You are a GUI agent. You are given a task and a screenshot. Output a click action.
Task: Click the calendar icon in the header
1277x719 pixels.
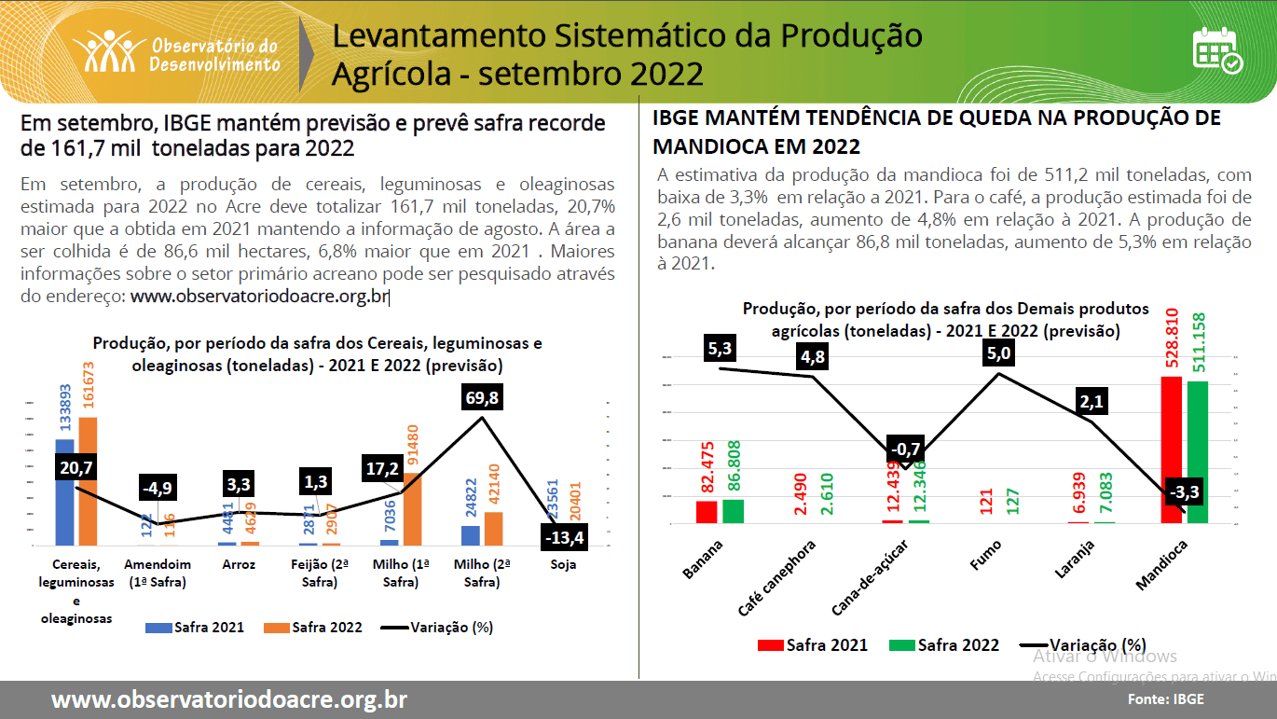pos(1217,50)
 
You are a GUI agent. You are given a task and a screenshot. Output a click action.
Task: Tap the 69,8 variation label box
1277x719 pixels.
pos(481,398)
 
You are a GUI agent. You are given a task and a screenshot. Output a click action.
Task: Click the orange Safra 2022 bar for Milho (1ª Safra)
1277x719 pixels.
pos(411,508)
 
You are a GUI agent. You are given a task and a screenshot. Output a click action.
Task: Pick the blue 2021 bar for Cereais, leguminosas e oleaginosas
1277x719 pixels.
pos(64,491)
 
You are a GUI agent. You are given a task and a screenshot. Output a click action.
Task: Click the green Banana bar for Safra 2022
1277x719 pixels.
pos(733,511)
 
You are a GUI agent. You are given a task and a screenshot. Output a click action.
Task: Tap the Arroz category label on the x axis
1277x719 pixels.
pos(239,564)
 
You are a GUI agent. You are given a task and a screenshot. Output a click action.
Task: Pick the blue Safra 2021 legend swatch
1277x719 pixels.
pos(158,628)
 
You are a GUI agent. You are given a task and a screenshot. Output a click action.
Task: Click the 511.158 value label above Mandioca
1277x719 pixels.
pos(1198,343)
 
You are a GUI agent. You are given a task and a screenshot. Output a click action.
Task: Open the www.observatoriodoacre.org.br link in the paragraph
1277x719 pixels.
pos(259,297)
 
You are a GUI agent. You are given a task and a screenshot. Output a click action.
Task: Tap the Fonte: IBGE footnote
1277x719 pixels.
pos(1165,698)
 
